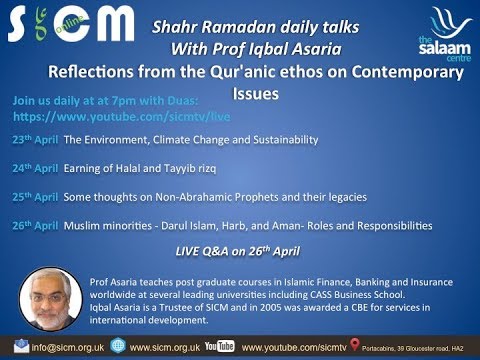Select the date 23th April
pyautogui.click(x=35, y=145)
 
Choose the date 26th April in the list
pyautogui.click(x=35, y=226)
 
